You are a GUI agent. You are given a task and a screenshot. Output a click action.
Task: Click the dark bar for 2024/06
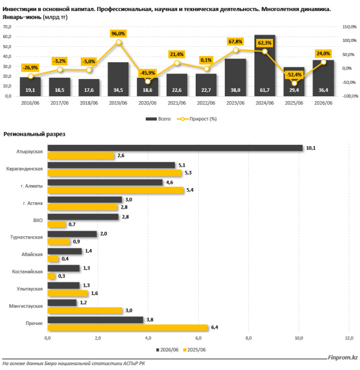[x=264, y=65]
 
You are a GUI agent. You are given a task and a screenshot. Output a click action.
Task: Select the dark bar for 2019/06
[x=118, y=79]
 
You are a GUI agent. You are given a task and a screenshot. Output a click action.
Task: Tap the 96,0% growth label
[x=118, y=33]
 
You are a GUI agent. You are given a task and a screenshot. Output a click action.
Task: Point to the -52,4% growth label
[x=294, y=75]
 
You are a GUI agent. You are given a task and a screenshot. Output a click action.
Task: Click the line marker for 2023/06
[x=235, y=50]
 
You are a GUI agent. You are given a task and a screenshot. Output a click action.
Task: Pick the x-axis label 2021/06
[x=177, y=103]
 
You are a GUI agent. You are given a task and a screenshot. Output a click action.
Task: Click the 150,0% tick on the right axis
[x=350, y=27]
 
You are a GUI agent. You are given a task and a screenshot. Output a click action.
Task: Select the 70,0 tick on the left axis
[x=7, y=27]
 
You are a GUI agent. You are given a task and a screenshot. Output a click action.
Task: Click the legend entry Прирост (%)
[x=197, y=119]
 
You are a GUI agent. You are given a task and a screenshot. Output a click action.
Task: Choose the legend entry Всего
[x=158, y=119]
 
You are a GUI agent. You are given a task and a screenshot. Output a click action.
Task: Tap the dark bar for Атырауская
[x=175, y=148]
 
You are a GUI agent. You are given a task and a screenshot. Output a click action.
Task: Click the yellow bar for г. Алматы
[x=115, y=190]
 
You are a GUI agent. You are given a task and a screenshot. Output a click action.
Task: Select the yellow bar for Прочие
[x=128, y=327]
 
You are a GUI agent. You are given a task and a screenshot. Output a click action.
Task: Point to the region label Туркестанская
[x=27, y=237]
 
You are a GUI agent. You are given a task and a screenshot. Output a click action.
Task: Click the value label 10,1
[x=311, y=148]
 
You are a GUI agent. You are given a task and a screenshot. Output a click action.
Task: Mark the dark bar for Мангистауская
[x=62, y=303]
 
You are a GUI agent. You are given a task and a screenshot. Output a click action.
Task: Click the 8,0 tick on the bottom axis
[x=248, y=338]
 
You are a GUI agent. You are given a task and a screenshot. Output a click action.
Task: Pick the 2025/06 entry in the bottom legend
[x=195, y=350]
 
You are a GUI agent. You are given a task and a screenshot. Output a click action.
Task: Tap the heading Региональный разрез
[x=34, y=134]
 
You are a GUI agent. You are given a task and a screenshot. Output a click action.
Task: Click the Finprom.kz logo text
[x=343, y=358]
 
